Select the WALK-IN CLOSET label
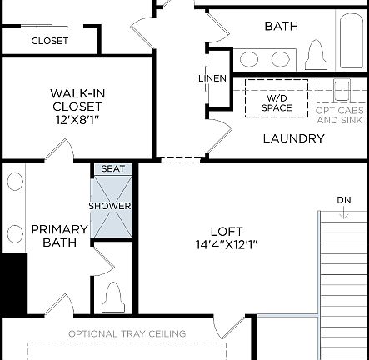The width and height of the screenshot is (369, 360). pos(76,100)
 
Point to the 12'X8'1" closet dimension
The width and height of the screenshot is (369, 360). pos(76,120)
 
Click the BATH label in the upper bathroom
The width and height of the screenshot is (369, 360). pos(281,26)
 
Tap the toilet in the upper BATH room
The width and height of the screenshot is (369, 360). pos(316,55)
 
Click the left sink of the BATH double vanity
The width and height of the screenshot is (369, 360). pos(247,60)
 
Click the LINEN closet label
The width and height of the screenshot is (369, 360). pos(212,78)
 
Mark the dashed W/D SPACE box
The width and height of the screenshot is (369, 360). pos(277,98)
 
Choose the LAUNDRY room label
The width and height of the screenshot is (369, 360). pos(293,138)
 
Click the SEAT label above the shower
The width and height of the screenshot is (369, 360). pos(112,169)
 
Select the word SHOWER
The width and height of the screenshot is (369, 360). pos(111,206)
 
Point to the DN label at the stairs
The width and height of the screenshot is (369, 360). pos(344,200)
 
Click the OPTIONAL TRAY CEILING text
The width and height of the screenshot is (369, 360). pos(127,334)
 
